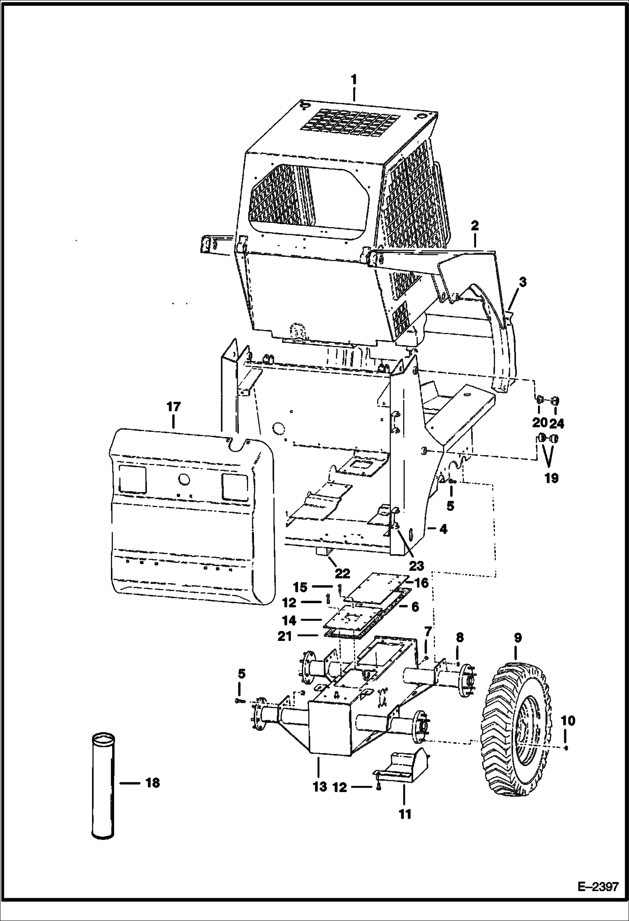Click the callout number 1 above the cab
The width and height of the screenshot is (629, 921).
point(354,79)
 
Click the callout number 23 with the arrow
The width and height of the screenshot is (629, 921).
point(417,565)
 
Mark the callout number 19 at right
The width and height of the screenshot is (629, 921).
point(551,477)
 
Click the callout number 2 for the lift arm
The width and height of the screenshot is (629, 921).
point(475,226)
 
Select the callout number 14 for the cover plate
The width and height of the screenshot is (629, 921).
point(289,620)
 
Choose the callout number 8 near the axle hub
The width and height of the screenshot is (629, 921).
point(459,650)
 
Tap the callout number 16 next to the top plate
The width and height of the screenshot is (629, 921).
point(421,583)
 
